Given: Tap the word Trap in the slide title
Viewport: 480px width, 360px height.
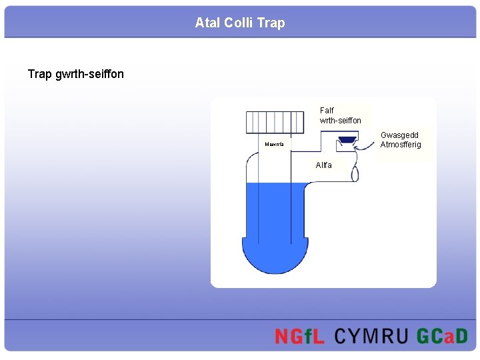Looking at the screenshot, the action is click(x=271, y=23).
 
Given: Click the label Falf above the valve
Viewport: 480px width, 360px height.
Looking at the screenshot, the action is click(x=327, y=111).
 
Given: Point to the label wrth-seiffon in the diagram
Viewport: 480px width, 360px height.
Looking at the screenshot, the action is click(x=340, y=121).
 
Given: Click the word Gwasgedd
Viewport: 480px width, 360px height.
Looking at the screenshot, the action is click(x=399, y=135).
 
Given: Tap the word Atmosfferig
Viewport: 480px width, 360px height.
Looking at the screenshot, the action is click(x=401, y=145).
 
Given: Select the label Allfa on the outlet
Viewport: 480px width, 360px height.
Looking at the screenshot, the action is click(x=324, y=165).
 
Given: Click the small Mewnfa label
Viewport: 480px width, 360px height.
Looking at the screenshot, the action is click(x=274, y=144).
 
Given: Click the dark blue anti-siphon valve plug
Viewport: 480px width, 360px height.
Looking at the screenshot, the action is click(x=347, y=139).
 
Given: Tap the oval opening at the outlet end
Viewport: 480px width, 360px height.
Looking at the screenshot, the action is click(x=355, y=171).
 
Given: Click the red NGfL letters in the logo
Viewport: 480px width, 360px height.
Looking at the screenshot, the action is click(x=299, y=337).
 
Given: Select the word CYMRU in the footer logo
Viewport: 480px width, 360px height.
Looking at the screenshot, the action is click(x=371, y=337).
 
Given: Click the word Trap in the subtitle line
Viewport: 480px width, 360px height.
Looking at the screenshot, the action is click(x=40, y=74).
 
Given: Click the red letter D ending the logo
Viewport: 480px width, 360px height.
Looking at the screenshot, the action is click(x=461, y=337).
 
